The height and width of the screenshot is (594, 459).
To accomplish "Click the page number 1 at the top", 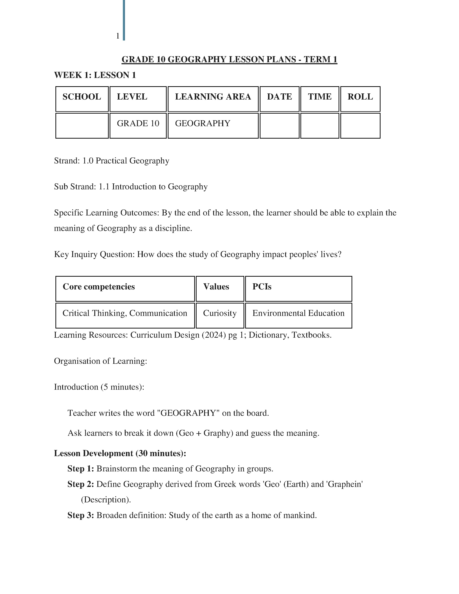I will click(118, 36).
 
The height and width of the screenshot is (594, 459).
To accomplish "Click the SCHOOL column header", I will click(82, 97).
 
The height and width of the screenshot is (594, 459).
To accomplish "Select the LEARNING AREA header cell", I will click(213, 97).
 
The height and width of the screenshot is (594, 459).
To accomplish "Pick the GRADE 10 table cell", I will click(138, 123).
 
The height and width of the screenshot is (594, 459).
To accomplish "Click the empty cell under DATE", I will click(279, 126).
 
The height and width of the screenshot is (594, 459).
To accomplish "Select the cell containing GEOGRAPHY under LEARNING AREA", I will click(202, 123).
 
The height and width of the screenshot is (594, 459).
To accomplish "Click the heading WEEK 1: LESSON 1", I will click(95, 75).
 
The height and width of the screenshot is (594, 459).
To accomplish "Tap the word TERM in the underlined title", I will click(316, 59).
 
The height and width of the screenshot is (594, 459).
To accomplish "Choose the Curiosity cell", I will click(220, 313).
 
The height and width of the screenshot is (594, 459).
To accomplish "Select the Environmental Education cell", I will click(298, 313).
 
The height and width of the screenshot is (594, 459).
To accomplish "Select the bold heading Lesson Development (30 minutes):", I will click(120, 453).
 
